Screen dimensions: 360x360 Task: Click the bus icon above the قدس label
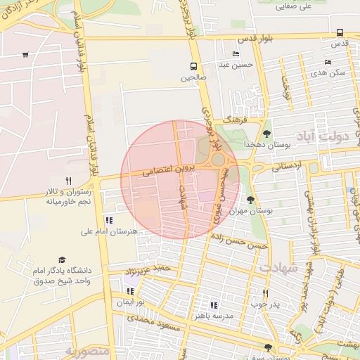click(x=340, y=32)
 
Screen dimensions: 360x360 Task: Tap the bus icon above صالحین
click(x=193, y=67)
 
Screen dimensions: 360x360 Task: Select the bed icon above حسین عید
click(x=235, y=53)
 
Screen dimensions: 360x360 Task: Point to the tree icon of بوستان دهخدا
click(x=266, y=132)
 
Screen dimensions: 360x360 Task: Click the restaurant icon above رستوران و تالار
click(x=68, y=181)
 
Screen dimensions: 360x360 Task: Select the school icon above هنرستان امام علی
click(x=108, y=220)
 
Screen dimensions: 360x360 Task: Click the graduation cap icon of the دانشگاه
click(x=61, y=260)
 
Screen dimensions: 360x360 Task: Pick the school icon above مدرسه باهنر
click(x=214, y=305)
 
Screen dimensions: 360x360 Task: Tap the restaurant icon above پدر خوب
click(x=265, y=293)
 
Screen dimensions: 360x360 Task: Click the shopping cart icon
click(x=25, y=55)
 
